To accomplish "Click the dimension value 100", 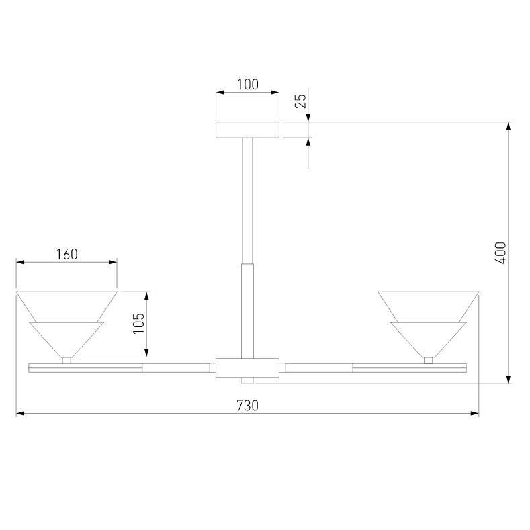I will (247, 85).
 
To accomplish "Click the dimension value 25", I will (301, 101).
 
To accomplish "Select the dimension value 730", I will (247, 405).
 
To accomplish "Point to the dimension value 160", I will (67, 254).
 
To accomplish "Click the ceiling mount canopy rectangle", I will (247, 130).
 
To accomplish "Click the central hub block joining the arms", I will (247, 368).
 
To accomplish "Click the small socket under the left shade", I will (67, 360).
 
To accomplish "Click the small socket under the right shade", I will (428, 360).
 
